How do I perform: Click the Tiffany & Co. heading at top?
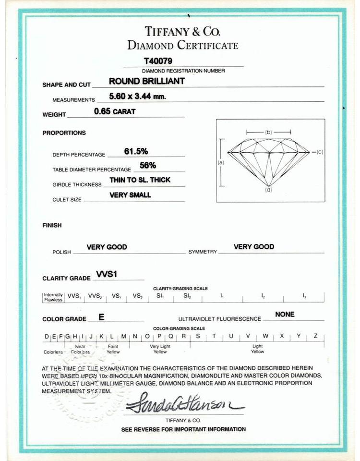coord(182,32)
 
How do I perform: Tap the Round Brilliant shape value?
coord(146,81)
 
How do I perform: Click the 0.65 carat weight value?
coord(115,111)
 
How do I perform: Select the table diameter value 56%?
coord(147,165)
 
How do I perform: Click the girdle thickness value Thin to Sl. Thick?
coord(140,180)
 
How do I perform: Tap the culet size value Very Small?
coord(130,195)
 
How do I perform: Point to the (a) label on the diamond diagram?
coord(221,162)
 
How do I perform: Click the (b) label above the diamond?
coord(268,132)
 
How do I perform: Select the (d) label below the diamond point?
coord(268,190)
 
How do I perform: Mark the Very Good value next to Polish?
coord(107,247)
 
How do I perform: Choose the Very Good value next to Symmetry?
coord(254,247)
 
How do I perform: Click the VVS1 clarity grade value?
coord(107,274)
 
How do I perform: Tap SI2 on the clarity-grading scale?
coord(187,296)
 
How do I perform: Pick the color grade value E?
coord(101,317)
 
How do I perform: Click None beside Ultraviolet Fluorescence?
coord(285,315)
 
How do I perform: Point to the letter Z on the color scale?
coord(315,336)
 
